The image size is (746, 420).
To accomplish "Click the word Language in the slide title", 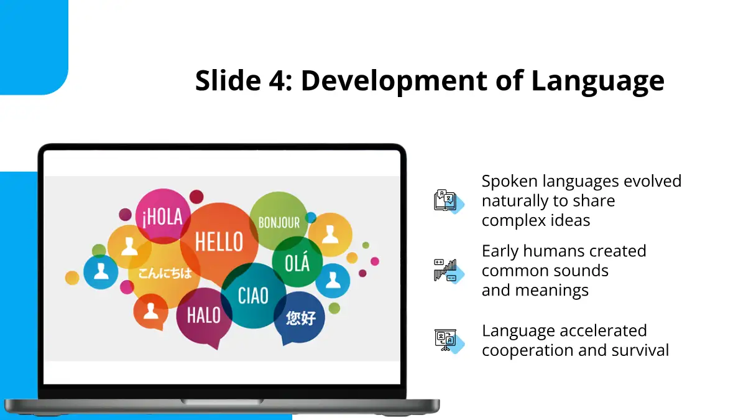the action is point(597,81).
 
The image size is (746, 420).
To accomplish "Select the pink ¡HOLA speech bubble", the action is point(163,216).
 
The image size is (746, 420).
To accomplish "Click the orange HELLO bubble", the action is point(219,242).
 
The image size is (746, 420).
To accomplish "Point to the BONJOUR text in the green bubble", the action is point(279,223).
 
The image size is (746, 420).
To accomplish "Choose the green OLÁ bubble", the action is point(297,262).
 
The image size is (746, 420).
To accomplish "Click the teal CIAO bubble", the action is point(253,296).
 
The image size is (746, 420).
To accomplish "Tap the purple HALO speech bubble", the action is point(204,317).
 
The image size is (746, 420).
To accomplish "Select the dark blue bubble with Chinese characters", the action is point(300,318).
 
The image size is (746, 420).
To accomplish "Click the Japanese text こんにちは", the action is point(165,273).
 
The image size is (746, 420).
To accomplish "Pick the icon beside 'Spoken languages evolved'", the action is point(449,202).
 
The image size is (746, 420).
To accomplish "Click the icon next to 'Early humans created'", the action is point(449,271).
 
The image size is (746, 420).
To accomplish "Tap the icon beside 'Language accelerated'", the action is point(449,341).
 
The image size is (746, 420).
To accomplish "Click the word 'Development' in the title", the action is point(394,81).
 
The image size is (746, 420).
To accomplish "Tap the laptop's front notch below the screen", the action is point(222,402).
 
